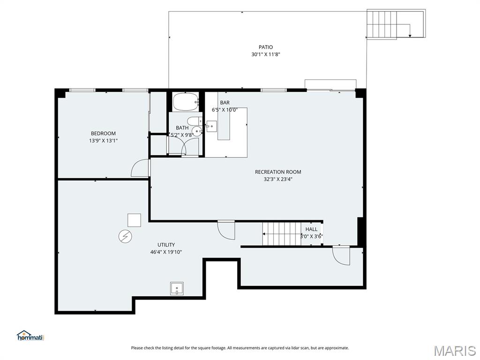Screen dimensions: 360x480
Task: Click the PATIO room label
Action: (265, 47)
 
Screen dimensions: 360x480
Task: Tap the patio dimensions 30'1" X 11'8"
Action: (265, 54)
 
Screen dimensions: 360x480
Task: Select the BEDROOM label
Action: (103, 133)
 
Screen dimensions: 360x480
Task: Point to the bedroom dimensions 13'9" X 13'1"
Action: (103, 140)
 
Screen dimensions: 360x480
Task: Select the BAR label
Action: (225, 103)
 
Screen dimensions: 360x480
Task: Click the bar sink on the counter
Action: (211, 126)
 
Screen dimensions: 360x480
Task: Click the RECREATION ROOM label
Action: (278, 172)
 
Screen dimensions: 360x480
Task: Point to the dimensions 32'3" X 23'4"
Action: (278, 179)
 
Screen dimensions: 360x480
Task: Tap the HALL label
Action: (311, 229)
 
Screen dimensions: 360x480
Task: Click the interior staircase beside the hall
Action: (281, 233)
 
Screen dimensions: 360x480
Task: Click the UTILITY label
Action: (166, 245)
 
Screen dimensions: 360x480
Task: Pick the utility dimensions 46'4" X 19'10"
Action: (166, 252)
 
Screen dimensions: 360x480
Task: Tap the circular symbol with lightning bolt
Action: (124, 236)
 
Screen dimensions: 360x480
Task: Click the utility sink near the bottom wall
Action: (177, 288)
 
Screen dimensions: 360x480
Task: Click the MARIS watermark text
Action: (454, 350)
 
